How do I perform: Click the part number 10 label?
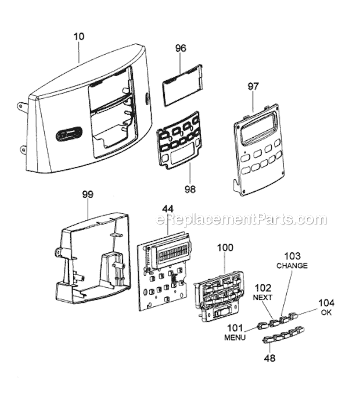(79, 36)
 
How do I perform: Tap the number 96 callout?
(181, 49)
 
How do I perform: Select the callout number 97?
(253, 87)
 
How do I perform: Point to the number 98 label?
(190, 189)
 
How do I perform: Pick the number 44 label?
(168, 208)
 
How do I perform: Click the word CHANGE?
(291, 265)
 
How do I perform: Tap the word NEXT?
(263, 296)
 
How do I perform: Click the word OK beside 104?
(326, 312)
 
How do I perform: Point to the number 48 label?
(269, 358)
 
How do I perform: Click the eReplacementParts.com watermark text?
(242, 220)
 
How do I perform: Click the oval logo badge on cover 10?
(68, 135)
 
